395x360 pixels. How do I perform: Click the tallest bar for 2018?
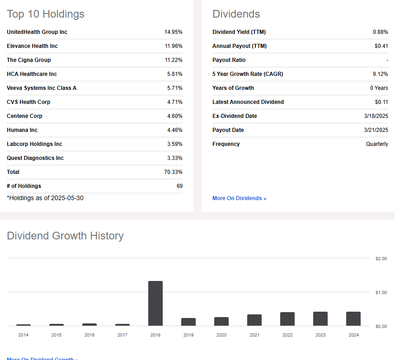click(x=155, y=303)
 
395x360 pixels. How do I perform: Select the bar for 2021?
click(x=254, y=320)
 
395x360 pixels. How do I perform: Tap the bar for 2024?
click(x=353, y=319)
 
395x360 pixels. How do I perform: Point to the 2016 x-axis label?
click(x=89, y=335)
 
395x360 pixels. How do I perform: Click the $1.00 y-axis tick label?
click(x=381, y=293)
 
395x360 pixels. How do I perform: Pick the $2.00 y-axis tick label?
click(x=381, y=259)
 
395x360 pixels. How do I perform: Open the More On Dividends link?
click(x=239, y=198)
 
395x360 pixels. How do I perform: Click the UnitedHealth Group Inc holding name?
click(x=37, y=32)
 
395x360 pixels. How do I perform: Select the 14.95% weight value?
click(x=173, y=32)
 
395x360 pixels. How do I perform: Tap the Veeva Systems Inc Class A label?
click(x=42, y=88)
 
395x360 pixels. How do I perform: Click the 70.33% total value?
click(x=173, y=172)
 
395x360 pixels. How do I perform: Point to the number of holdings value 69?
click(x=179, y=186)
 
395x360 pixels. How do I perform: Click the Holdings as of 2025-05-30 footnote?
click(x=45, y=198)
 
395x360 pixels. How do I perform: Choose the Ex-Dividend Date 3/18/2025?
click(x=376, y=116)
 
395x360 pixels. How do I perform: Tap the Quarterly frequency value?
click(x=377, y=144)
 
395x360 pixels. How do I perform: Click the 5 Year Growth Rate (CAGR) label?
click(x=248, y=74)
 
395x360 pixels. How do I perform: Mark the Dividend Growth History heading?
click(x=65, y=236)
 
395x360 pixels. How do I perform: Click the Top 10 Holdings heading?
click(x=46, y=14)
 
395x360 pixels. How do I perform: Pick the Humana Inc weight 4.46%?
click(x=174, y=130)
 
